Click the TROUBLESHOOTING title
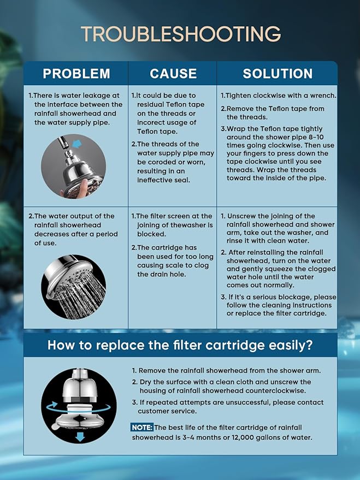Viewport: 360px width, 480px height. [x=181, y=34]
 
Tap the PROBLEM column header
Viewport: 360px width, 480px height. [x=76, y=74]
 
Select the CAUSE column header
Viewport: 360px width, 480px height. [x=173, y=74]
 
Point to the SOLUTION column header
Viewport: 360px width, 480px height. [x=278, y=74]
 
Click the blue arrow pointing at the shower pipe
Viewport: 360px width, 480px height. [x=78, y=143]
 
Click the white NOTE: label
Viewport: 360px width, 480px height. [x=142, y=428]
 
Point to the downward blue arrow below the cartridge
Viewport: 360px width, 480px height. [x=80, y=436]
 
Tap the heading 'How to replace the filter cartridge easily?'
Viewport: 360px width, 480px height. [x=180, y=345]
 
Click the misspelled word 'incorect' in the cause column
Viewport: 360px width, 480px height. [x=150, y=122]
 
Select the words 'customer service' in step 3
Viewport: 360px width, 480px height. [x=167, y=411]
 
